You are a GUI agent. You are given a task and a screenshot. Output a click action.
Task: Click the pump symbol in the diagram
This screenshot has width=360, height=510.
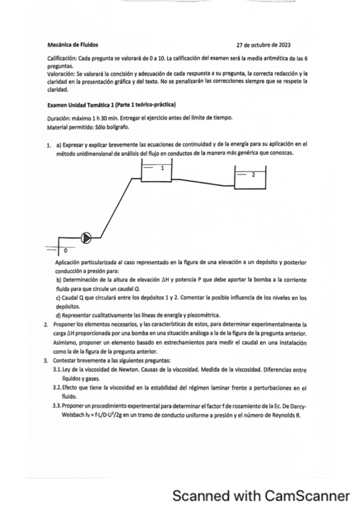point(86,238)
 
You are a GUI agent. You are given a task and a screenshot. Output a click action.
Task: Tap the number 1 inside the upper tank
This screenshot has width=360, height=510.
point(162,169)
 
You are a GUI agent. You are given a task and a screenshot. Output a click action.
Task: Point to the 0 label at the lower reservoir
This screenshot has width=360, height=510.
point(65,248)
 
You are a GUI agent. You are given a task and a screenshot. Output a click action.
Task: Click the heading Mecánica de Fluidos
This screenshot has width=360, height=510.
point(72,44)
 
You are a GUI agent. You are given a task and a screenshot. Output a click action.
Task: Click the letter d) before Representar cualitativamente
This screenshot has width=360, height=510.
point(58,315)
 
